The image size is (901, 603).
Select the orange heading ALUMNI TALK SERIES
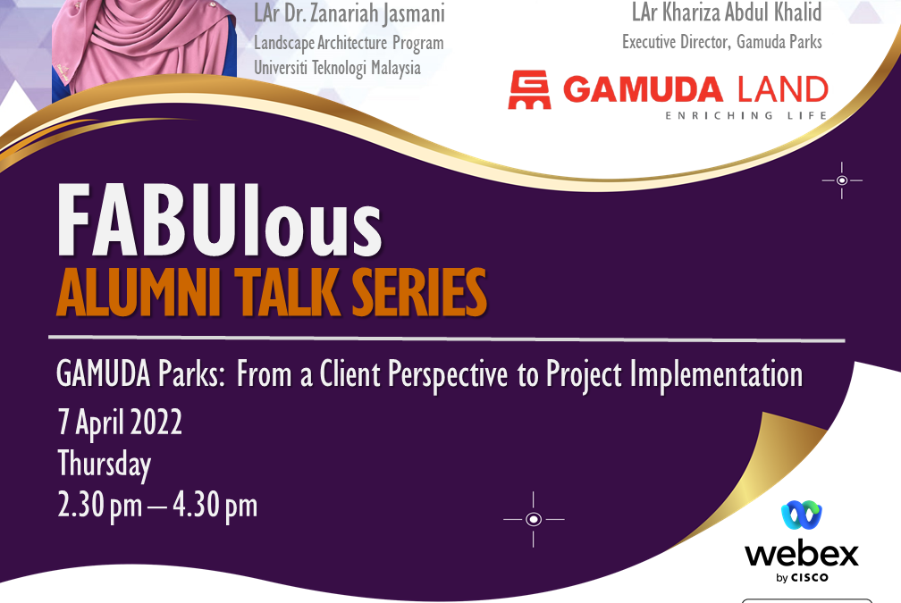pos(271,292)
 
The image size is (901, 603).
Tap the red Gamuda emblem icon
pos(529,91)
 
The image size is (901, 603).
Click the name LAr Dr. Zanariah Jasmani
pos(349,14)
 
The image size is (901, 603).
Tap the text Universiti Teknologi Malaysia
pos(337,68)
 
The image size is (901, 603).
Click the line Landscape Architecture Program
pos(349,43)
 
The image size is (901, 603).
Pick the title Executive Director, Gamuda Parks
pos(722,41)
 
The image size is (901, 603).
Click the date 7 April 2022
pos(120,422)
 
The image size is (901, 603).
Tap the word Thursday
pos(105,465)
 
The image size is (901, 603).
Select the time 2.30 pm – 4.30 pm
pos(157,506)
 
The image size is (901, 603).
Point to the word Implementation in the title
pos(716,374)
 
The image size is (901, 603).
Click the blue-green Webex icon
pos(801,515)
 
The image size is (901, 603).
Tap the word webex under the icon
pos(801,554)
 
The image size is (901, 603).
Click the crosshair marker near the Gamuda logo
pos(841,180)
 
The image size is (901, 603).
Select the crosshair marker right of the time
pos(534,519)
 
